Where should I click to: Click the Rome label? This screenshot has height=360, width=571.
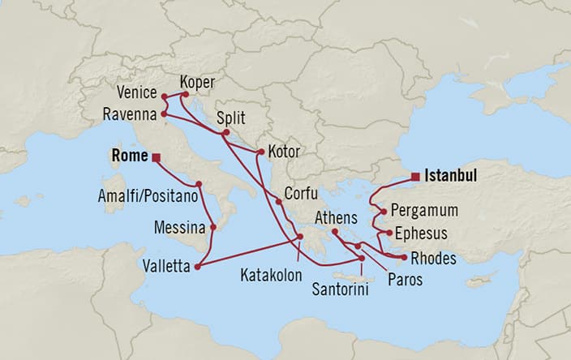128,156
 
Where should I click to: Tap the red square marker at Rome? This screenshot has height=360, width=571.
156,157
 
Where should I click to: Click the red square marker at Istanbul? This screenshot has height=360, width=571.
415,175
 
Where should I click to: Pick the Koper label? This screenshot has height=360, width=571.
200,82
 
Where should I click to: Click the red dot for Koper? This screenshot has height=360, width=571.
186,94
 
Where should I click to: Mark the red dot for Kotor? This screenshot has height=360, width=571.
260,152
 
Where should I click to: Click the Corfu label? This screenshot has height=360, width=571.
302,195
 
